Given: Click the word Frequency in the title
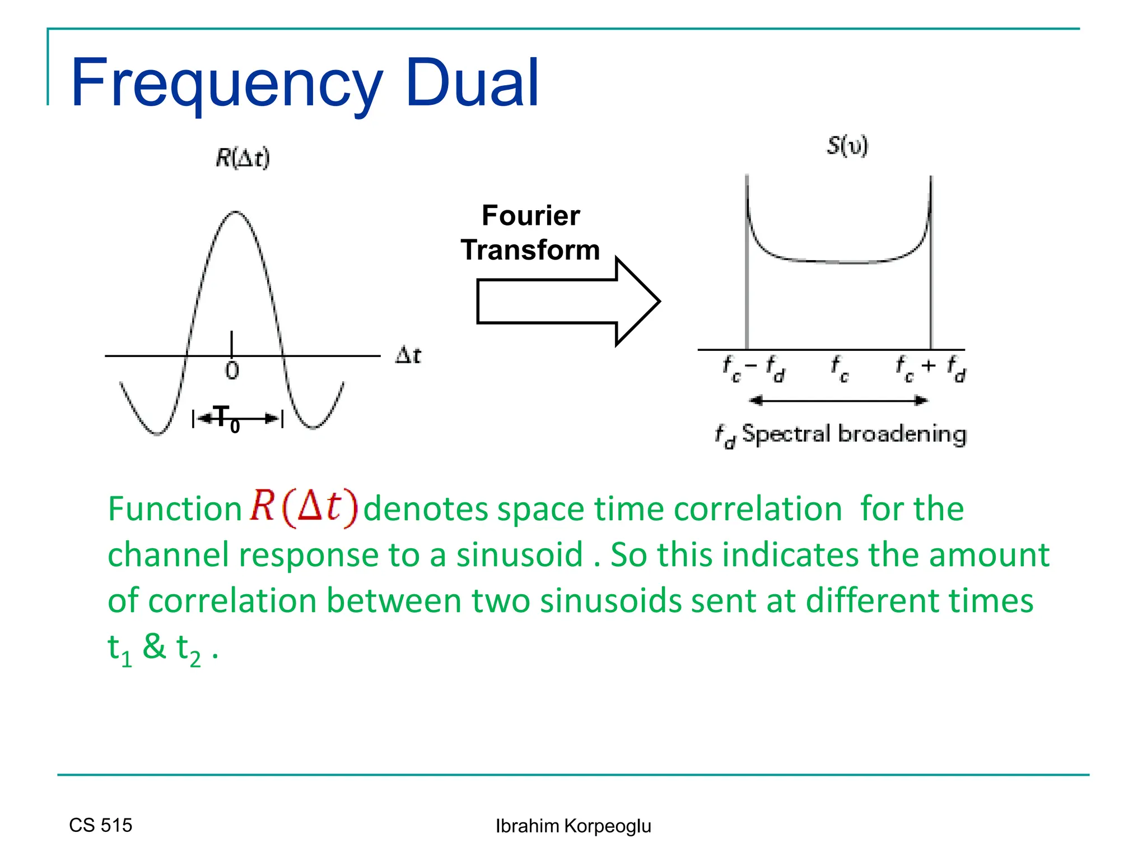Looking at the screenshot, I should coord(227,84).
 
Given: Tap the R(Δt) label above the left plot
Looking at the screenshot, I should coord(243,158).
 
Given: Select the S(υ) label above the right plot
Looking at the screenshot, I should coord(847,146).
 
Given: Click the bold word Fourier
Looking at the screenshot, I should coord(530,216).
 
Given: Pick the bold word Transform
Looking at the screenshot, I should coord(530,250).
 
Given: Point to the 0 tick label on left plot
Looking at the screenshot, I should coord(232,371).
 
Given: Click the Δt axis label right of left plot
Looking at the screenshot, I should coord(408,355).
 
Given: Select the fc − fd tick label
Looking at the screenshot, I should coord(754,368).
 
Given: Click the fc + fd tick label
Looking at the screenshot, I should coord(930,368).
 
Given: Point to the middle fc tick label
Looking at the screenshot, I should coord(840,368).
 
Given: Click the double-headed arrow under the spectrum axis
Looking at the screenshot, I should coord(838,400).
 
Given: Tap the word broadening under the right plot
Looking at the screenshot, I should coord(902,434).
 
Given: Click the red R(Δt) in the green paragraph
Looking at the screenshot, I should coord(303,507).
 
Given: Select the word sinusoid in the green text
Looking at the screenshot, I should coord(519,555).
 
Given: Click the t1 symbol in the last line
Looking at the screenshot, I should coord(119,649).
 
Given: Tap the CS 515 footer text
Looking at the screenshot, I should coord(101,825).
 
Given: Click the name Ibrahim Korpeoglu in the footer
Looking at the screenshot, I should coord(573,826).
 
